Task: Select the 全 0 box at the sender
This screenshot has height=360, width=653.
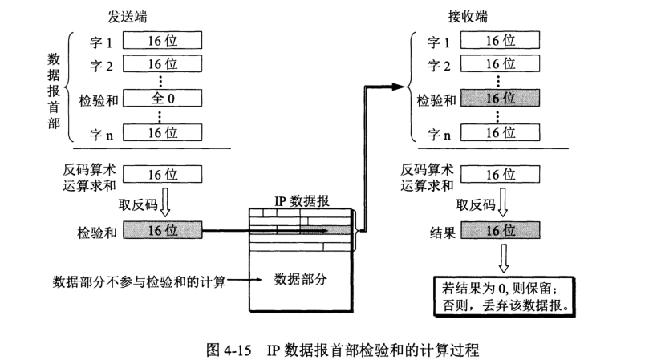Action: (163, 99)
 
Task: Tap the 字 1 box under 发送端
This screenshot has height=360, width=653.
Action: (163, 40)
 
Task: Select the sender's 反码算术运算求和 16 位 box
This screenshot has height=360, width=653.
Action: (163, 175)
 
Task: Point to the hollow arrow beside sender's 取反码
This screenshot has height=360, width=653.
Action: (164, 204)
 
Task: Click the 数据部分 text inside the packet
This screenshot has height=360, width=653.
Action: (301, 279)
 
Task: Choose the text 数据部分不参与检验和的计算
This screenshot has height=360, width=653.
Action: (140, 281)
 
